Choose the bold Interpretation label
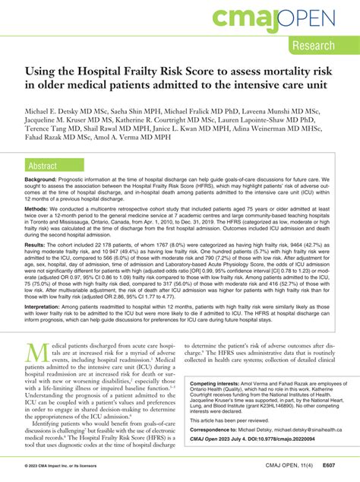tap(46, 327)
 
